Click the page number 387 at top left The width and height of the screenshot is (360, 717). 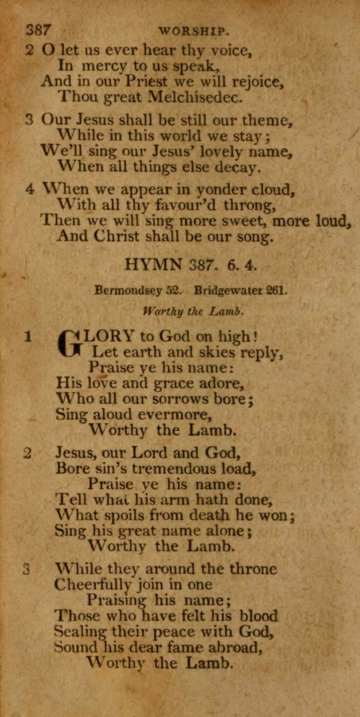click(38, 30)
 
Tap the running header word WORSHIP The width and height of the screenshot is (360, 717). click(193, 31)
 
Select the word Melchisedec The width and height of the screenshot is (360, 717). click(195, 97)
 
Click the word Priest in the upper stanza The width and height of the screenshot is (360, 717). click(146, 81)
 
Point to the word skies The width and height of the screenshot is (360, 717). click(217, 352)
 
